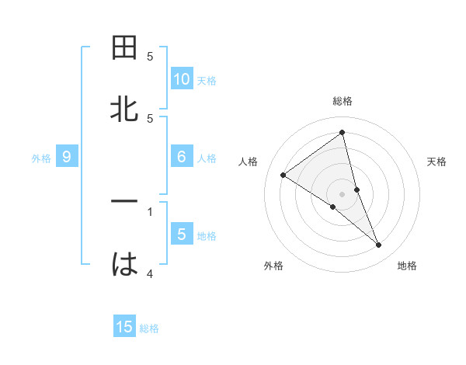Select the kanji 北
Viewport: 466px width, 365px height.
pos(125,109)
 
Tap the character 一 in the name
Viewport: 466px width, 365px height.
pos(125,202)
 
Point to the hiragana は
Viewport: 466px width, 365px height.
pos(125,264)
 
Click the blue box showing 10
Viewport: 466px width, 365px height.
pos(182,78)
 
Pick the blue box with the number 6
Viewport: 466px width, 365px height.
pos(182,157)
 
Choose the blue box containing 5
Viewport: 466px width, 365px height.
pos(182,235)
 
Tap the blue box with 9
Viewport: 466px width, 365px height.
pos(67,157)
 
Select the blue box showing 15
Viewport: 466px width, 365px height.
pos(124,327)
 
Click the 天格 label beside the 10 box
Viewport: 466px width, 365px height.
pos(207,81)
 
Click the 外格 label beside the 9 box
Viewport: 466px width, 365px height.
pos(41,158)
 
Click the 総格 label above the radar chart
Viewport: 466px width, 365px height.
pos(343,101)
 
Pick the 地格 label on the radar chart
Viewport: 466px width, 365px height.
pos(407,266)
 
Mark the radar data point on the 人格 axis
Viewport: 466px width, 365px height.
pos(283,176)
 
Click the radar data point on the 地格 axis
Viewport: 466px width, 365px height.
pos(379,245)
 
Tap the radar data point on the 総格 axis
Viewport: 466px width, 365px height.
pos(343,133)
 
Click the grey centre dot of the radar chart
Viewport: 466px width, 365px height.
pos(343,193)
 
